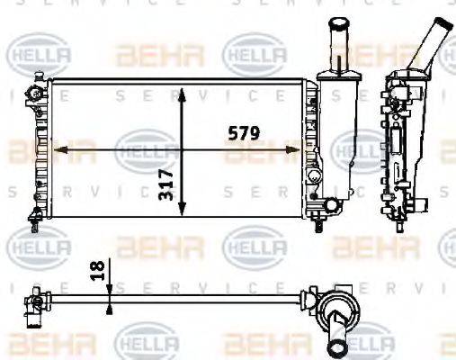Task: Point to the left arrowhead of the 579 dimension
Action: (60, 148)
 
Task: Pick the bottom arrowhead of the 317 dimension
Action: (183, 211)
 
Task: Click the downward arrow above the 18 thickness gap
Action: (110, 286)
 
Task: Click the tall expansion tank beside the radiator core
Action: (337, 135)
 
